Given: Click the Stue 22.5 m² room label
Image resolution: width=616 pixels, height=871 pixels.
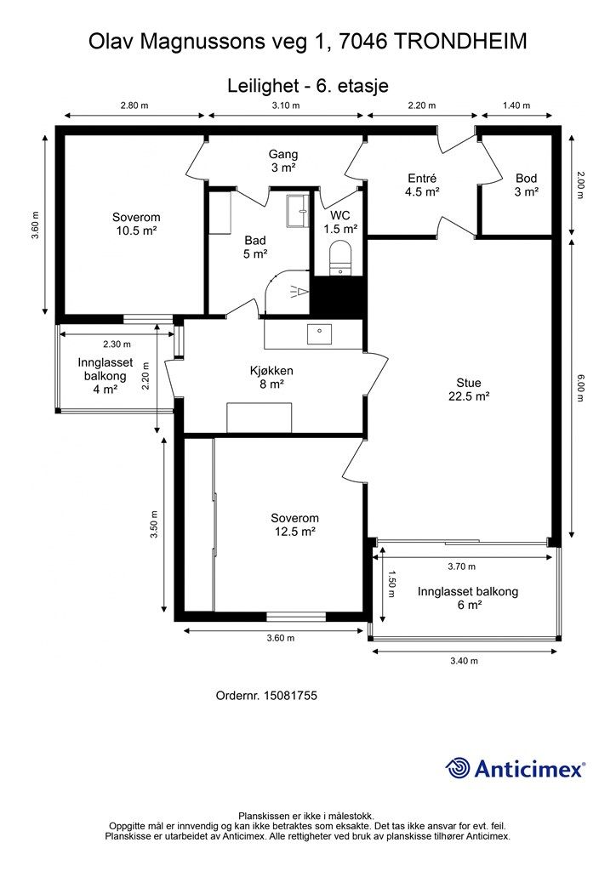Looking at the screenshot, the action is pyautogui.click(x=468, y=390).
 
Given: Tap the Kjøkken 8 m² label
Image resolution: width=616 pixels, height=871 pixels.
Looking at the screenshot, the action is pyautogui.click(x=271, y=377).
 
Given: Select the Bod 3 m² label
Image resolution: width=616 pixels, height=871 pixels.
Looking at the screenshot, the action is pyautogui.click(x=526, y=185).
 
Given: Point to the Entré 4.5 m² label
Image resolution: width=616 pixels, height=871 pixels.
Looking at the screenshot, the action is pyautogui.click(x=422, y=185).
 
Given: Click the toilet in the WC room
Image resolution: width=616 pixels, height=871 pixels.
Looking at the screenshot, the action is pyautogui.click(x=340, y=257).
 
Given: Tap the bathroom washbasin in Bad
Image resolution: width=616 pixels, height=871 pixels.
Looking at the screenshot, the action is pyautogui.click(x=297, y=211).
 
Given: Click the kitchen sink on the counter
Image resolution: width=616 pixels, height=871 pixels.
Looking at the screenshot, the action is pyautogui.click(x=319, y=333).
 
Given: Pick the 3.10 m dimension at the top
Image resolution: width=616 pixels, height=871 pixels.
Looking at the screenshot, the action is pyautogui.click(x=286, y=105).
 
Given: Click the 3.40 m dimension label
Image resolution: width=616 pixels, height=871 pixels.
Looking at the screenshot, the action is pyautogui.click(x=464, y=660).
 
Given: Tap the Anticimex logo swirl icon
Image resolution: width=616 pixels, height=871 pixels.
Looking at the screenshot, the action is pyautogui.click(x=459, y=768).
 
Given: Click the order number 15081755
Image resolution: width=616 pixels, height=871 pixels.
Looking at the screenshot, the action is pyautogui.click(x=290, y=696).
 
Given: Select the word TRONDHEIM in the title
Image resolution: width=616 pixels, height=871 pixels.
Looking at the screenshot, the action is pyautogui.click(x=462, y=42).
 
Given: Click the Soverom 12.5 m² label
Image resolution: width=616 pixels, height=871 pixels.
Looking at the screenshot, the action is pyautogui.click(x=295, y=525).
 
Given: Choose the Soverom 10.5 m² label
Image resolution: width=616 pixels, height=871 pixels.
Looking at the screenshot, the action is pyautogui.click(x=136, y=224).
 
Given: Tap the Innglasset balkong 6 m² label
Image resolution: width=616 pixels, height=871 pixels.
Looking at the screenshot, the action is pyautogui.click(x=468, y=598).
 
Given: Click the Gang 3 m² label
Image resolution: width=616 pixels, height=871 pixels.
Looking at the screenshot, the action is pyautogui.click(x=283, y=161).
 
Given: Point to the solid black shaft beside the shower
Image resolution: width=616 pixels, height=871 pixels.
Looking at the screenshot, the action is pyautogui.click(x=337, y=297).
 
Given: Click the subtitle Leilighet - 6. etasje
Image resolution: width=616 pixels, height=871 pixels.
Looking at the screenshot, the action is pyautogui.click(x=308, y=86).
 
